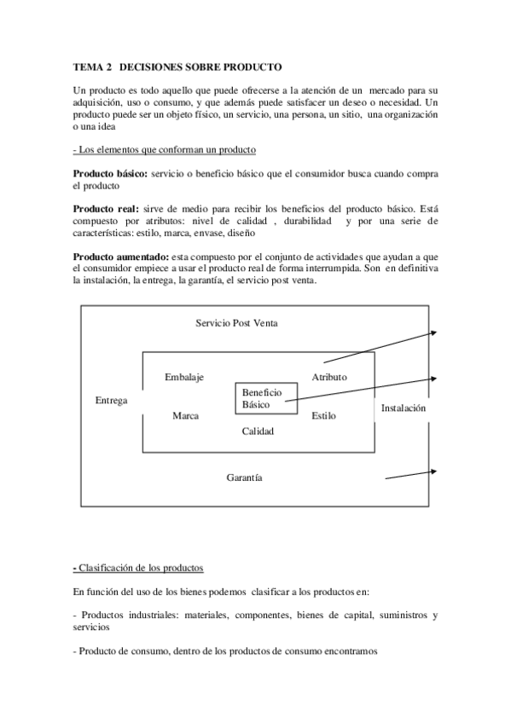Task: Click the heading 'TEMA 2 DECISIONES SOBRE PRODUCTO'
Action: coord(177,66)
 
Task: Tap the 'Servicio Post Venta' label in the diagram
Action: coord(236,323)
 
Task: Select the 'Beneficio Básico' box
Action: coord(266,398)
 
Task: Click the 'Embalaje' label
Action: coord(183,377)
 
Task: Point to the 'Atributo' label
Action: coord(329,377)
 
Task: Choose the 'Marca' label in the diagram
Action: coord(185,416)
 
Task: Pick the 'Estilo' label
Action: coord(323,416)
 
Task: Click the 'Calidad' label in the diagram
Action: coord(257,431)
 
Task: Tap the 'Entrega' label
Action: coord(112,400)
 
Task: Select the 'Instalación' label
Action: coord(404,408)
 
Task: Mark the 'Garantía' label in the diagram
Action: coord(244,478)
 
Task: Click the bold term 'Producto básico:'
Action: coord(110,173)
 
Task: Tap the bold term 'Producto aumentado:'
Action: coord(121,257)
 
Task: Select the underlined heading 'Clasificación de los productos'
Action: coord(141,568)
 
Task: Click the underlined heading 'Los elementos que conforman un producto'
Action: coord(165,149)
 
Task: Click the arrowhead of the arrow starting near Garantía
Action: coord(438,471)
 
